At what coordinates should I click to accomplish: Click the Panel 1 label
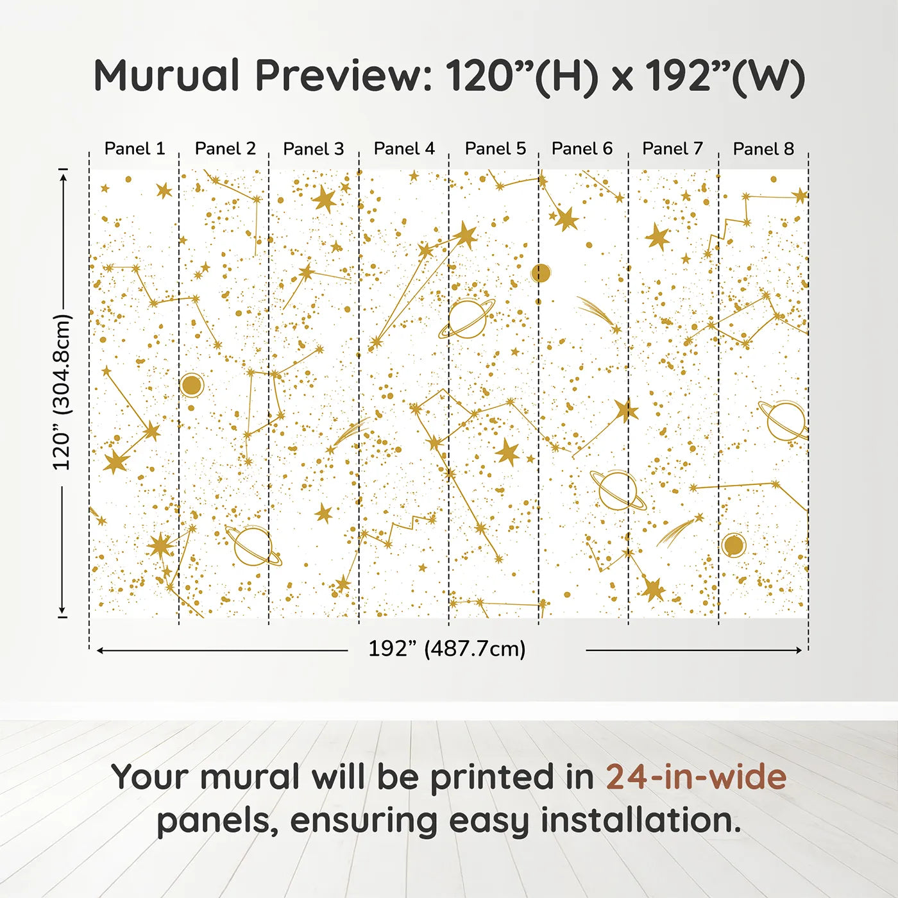coord(135,149)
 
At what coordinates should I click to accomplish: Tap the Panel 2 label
coord(225,149)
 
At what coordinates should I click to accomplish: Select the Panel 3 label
coord(314,149)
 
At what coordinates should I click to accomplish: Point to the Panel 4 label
coord(404,149)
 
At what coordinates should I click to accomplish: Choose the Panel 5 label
coord(495,149)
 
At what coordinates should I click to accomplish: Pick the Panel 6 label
coord(582,149)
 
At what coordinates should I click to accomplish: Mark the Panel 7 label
coord(673,149)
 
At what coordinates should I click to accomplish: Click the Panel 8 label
coord(763,149)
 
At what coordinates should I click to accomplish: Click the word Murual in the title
coord(167,76)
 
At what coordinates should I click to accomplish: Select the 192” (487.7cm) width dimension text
coord(447,648)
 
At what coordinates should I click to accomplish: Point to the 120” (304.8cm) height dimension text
coord(62,392)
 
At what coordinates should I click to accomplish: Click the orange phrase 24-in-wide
coord(696,777)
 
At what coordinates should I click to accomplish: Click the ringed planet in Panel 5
coord(467,318)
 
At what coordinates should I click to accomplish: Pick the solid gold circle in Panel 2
coord(192,385)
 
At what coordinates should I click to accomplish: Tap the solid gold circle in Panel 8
coord(733,545)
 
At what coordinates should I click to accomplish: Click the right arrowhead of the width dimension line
coord(799,650)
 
